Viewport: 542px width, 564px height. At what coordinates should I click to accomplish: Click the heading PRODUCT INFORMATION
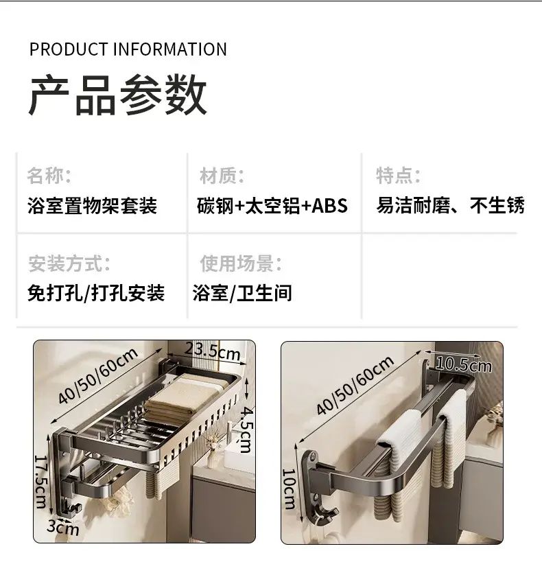128,49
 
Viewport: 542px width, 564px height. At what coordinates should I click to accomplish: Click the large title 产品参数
117,95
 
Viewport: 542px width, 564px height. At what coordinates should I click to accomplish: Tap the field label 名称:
49,176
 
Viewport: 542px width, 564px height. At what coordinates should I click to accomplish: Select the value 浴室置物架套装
93,206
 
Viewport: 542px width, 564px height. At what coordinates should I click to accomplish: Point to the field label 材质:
222,176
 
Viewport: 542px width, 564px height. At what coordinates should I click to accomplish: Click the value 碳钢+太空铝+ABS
272,206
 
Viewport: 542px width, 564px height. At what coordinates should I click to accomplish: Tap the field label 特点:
398,176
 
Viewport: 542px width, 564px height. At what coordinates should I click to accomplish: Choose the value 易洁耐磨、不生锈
450,206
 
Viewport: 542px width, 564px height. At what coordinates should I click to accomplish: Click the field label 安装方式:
69,263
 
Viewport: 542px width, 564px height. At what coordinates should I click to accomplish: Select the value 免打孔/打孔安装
96,293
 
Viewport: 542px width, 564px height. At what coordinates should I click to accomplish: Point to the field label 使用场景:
241,263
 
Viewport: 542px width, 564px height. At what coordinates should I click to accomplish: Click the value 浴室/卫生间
242,293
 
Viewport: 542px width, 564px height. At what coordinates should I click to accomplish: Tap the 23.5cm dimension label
213,351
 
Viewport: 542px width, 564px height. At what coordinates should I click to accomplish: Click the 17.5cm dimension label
40,482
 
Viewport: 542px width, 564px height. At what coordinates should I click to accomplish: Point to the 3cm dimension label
62,528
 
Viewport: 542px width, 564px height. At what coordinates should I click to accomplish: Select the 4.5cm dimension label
246,429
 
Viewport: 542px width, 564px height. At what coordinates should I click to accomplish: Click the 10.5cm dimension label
463,365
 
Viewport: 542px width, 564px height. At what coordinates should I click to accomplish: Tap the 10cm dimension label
289,489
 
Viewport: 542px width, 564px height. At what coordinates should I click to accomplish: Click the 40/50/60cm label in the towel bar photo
355,386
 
